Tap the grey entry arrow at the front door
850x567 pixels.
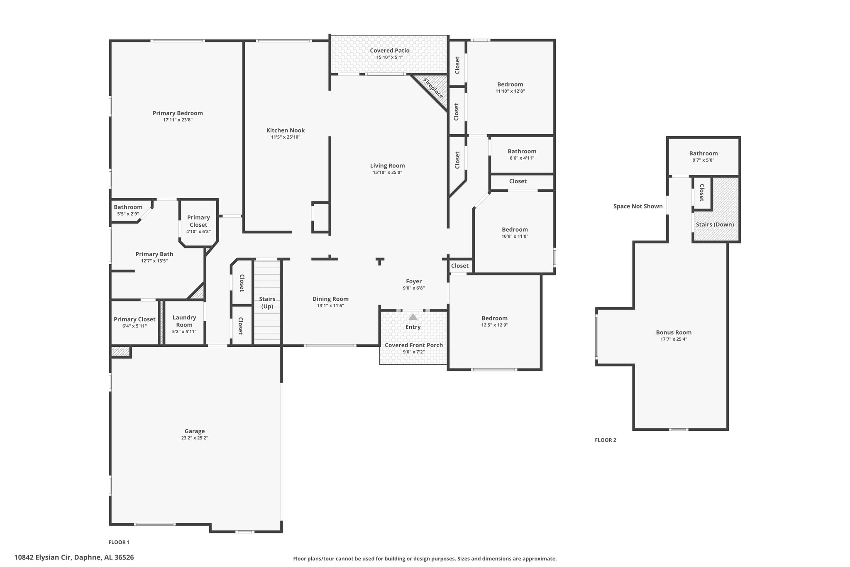click(x=413, y=317)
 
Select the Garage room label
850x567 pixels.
click(x=195, y=431)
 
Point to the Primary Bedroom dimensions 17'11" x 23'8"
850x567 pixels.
click(x=178, y=120)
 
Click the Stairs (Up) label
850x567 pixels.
click(x=267, y=303)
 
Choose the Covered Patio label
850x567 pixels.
click(x=390, y=51)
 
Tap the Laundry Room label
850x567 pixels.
click(x=184, y=321)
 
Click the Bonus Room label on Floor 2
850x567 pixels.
click(x=674, y=332)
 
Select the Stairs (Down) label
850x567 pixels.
click(x=715, y=225)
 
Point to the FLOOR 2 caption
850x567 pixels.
click(x=606, y=440)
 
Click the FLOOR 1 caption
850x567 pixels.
click(x=119, y=542)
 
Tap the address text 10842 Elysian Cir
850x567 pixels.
click(x=43, y=557)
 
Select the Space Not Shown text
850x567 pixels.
click(x=638, y=206)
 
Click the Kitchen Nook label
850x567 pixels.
click(x=286, y=130)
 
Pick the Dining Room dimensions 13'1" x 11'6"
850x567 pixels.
click(x=330, y=306)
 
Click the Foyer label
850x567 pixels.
click(x=414, y=282)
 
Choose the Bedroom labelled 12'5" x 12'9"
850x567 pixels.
click(x=495, y=319)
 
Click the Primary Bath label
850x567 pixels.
click(x=154, y=254)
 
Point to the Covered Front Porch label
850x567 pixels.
click(x=414, y=345)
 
